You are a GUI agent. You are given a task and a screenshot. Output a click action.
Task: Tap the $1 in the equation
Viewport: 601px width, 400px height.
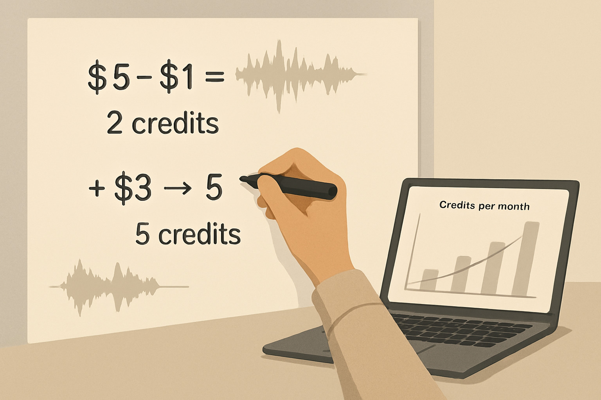[176, 78]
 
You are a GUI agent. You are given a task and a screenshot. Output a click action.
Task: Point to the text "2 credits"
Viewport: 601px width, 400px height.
[162, 123]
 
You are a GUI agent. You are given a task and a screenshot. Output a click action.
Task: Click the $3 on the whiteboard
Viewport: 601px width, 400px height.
[133, 189]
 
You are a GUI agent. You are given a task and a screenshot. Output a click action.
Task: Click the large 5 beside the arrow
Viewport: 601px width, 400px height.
[214, 188]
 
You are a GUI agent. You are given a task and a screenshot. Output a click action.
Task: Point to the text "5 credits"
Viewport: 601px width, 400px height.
[188, 234]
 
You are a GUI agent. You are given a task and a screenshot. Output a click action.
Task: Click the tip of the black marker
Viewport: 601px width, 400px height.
[242, 179]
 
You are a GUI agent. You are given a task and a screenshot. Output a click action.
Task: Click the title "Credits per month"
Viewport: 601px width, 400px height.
[484, 205]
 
